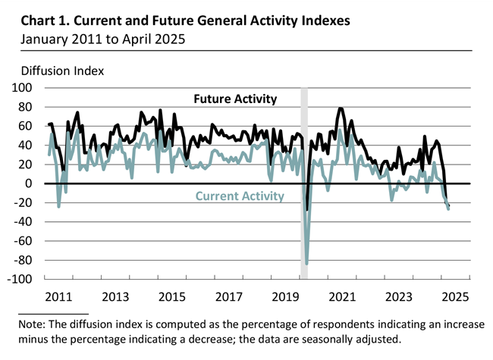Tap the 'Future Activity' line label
[x=235, y=99]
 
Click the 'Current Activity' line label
[x=240, y=196]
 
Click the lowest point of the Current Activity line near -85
[x=306, y=264]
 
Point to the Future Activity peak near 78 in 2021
[x=341, y=109]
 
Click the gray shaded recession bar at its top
[x=304, y=91]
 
